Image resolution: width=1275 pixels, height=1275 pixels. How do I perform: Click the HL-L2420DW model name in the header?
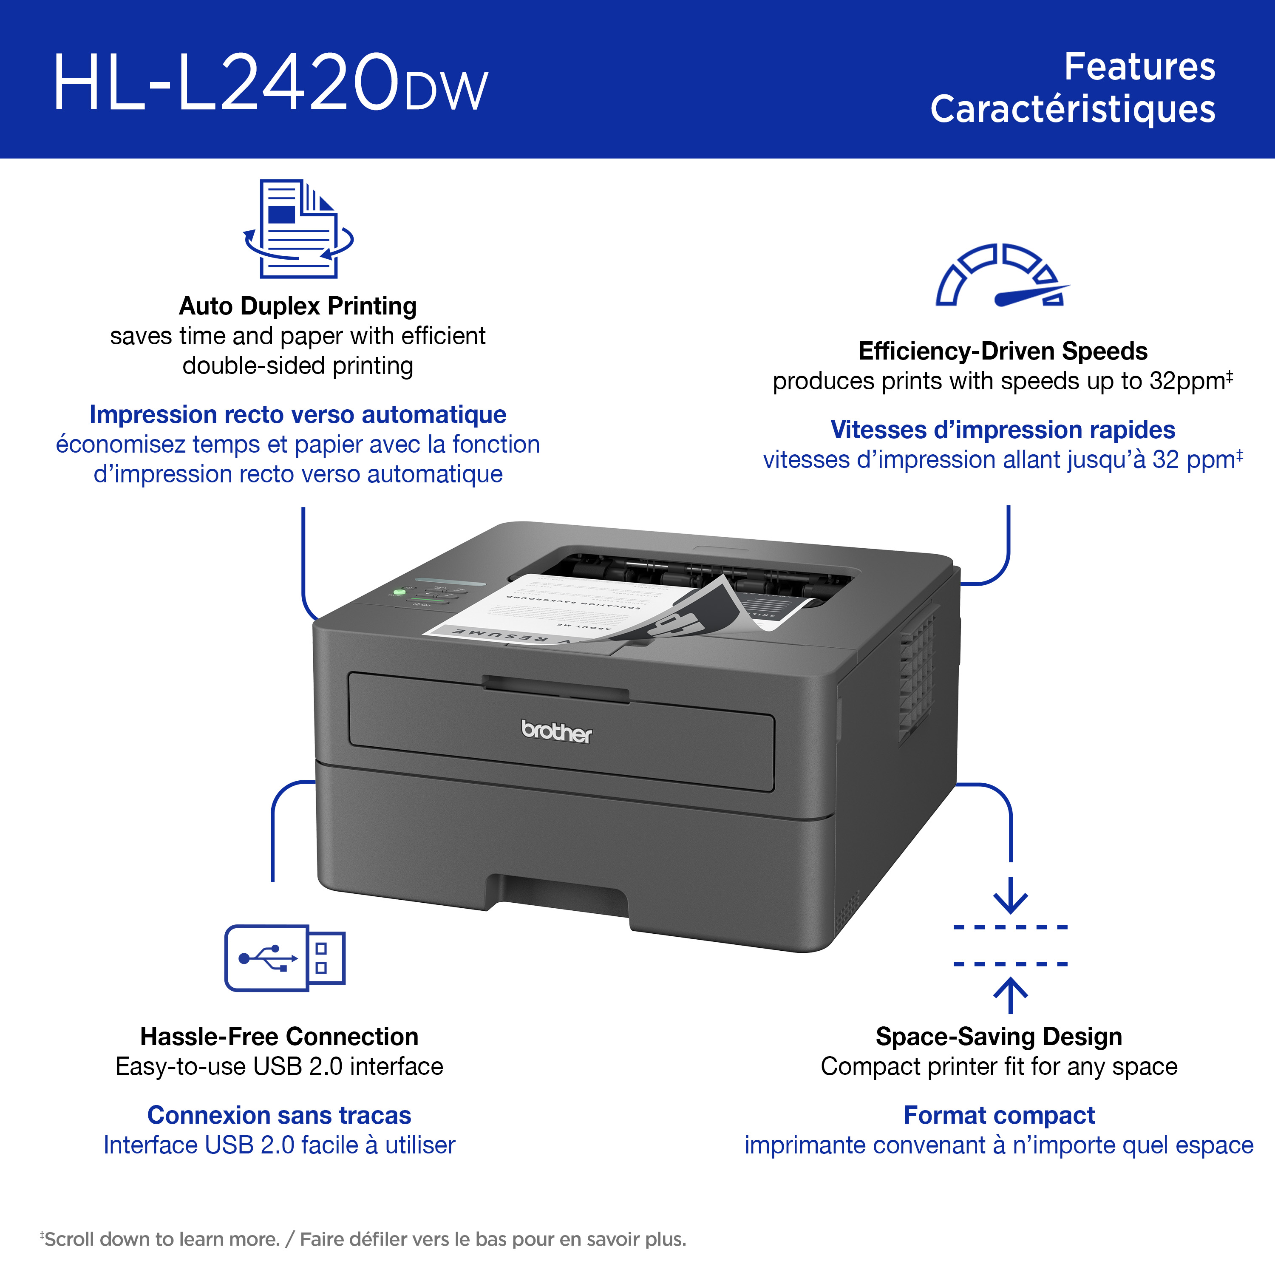(271, 82)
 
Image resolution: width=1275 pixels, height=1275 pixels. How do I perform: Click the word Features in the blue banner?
(1140, 67)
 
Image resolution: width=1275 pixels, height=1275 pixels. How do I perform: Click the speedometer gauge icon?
(1002, 275)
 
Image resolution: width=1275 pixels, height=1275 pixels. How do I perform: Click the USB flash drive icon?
(285, 958)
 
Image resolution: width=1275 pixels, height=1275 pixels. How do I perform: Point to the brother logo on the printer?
(556, 731)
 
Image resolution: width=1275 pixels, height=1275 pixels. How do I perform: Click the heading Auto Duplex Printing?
(297, 306)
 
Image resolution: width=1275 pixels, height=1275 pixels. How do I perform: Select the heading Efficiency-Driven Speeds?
(1003, 351)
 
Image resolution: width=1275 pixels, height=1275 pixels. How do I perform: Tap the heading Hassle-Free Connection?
(279, 1036)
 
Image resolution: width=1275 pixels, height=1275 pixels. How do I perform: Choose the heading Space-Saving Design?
(998, 1036)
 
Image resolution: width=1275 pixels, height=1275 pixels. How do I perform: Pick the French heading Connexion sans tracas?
(279, 1115)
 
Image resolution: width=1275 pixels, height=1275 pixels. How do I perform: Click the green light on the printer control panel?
(399, 592)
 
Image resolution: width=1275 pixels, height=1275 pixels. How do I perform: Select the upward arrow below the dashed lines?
(1010, 995)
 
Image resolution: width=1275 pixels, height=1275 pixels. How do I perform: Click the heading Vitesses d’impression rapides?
(1003, 430)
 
